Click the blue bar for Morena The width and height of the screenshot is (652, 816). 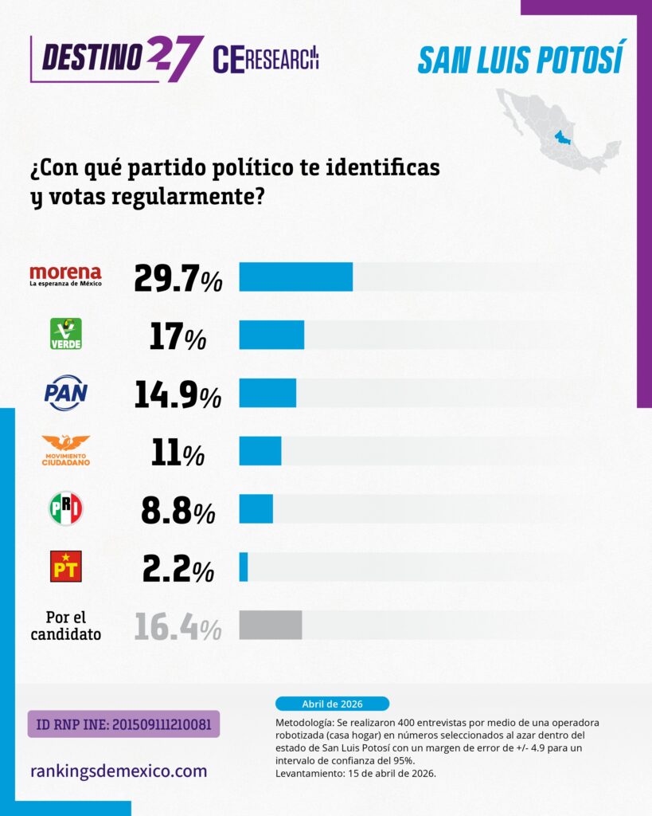[295, 277]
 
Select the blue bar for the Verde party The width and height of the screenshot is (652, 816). [271, 335]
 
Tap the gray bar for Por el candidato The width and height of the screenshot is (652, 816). [270, 625]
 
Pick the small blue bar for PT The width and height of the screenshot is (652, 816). [244, 567]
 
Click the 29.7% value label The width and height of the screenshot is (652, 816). [178, 277]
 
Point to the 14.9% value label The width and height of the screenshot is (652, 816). [178, 394]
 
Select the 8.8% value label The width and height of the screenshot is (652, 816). [178, 510]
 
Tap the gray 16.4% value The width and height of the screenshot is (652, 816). [178, 626]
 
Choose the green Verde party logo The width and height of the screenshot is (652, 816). [66, 334]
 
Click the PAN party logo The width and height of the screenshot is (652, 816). [66, 393]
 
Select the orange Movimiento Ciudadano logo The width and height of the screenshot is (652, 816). [66, 450]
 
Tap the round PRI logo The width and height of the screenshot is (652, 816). [66, 508]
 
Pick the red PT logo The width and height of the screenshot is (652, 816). [66, 567]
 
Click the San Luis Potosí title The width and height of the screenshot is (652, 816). [521, 59]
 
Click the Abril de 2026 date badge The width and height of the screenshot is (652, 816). [332, 704]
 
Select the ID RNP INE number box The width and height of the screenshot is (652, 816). [123, 724]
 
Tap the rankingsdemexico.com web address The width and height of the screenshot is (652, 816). [119, 771]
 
